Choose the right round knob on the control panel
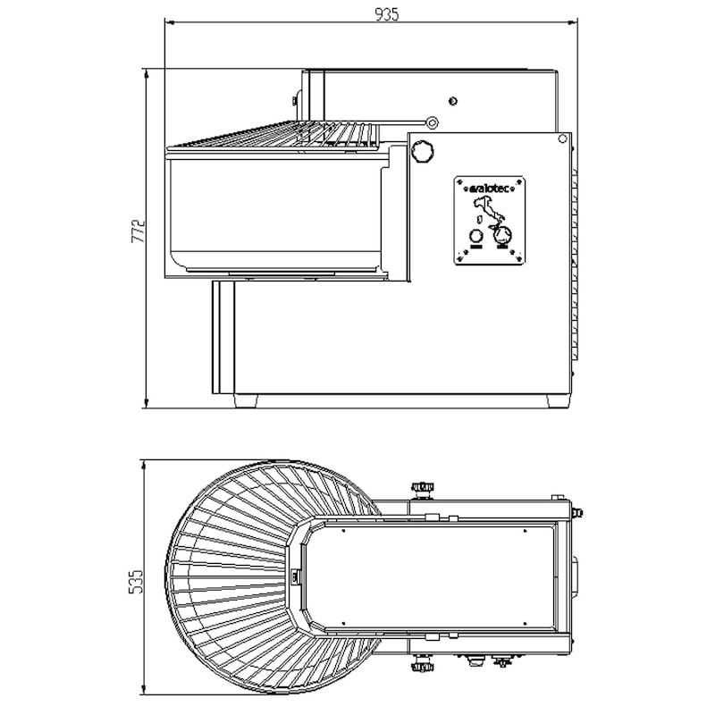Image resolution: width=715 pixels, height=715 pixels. pyautogui.click(x=503, y=236)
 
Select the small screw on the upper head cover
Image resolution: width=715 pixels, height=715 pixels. pyautogui.click(x=453, y=100)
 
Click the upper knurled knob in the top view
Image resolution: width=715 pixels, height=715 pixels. pyautogui.click(x=420, y=487)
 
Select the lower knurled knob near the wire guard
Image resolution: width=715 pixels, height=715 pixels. pyautogui.click(x=420, y=667)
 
